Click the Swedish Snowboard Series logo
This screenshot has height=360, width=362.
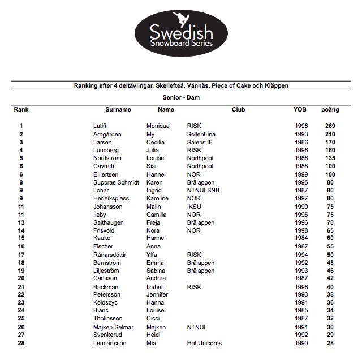coord(180,35)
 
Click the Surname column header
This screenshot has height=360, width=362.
coord(118,109)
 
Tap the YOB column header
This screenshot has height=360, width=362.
coord(300,109)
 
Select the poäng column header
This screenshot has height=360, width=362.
coord(330,109)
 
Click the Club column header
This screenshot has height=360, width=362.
coord(238,109)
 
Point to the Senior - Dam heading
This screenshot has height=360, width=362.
coord(181,98)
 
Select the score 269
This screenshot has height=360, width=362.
coord(330,126)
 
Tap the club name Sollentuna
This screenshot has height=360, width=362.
coord(201,134)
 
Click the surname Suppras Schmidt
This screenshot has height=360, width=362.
coord(116,182)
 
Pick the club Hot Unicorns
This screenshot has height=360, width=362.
coord(204,343)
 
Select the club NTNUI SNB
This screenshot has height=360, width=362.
coord(203,190)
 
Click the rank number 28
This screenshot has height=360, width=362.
coord(21,343)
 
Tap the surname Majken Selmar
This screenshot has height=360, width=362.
coord(113,327)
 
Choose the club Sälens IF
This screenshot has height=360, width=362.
coord(200,142)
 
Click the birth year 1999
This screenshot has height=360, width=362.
coord(301,174)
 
